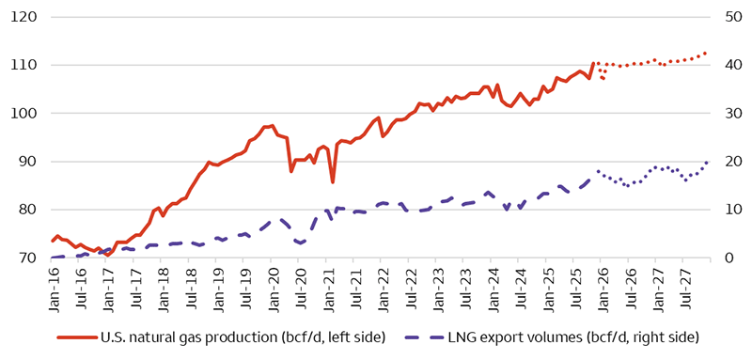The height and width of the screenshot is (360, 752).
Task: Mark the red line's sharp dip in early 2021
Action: click(333, 181)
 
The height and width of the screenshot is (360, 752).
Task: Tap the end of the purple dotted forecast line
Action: click(707, 162)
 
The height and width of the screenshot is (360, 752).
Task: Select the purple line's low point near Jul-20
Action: click(300, 243)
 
